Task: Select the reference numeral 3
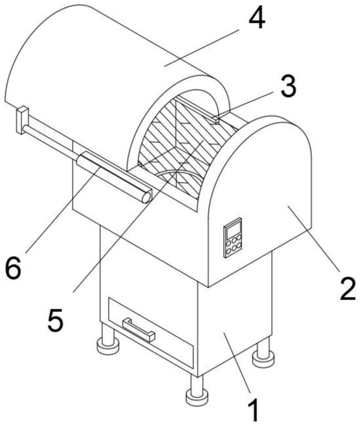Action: coord(289,86)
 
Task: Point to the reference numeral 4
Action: coord(257,17)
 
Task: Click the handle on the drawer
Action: coord(138,330)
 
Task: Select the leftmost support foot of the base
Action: coord(108,340)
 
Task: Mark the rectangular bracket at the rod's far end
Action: coord(22,120)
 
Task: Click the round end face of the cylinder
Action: coord(146,197)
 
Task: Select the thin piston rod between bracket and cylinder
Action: coord(51,143)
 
